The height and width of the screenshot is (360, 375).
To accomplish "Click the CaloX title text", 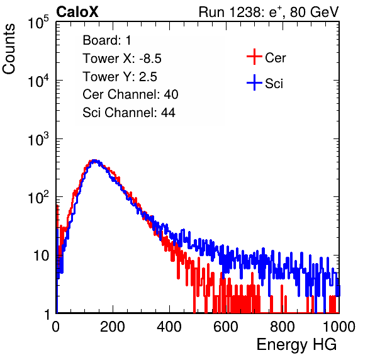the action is tap(77, 12).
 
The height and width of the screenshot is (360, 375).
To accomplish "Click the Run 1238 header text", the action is tap(269, 12).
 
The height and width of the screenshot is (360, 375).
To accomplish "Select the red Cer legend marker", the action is tap(254, 57).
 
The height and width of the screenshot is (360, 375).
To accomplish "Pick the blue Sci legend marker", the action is tap(254, 82).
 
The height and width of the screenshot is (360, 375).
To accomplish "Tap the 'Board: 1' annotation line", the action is tap(107, 40).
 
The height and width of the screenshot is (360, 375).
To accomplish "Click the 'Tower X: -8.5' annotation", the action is tap(122, 59).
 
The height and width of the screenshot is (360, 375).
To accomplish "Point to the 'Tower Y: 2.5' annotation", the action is tap(120, 77).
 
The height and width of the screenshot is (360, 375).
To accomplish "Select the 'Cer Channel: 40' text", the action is tap(130, 94).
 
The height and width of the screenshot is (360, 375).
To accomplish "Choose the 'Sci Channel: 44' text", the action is tap(129, 113).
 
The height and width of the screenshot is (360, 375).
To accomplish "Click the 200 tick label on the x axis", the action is tap(113, 327).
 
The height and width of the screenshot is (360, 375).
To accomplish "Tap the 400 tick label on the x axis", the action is tap(169, 327).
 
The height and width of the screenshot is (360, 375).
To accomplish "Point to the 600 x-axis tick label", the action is tap(226, 327).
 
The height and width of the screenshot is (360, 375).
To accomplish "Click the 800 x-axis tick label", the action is tap(283, 327).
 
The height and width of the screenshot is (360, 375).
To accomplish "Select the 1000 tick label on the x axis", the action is tap(339, 327).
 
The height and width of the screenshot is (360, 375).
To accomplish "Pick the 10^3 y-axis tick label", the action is tap(38, 139).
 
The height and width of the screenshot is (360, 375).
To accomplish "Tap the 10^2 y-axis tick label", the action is tap(38, 198).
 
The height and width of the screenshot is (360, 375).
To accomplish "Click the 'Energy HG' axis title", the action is tap(296, 345).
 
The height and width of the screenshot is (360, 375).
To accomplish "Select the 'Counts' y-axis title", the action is tap(9, 49).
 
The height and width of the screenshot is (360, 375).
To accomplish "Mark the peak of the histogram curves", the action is tap(94, 161).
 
